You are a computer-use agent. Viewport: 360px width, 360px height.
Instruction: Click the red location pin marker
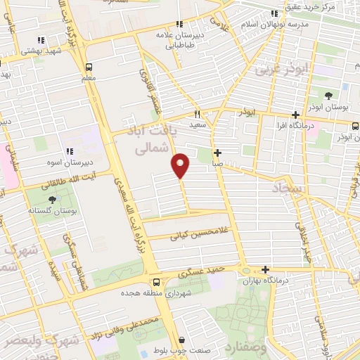(181, 165)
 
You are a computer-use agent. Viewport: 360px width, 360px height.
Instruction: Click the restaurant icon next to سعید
(198, 113)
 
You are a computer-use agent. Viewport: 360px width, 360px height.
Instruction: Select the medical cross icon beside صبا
(218, 153)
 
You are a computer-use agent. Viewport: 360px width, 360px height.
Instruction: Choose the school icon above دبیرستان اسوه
(70, 150)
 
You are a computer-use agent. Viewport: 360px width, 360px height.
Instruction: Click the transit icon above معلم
(89, 67)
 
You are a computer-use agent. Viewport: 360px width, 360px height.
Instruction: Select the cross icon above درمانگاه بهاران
(265, 269)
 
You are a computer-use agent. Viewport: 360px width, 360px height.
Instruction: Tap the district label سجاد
(288, 188)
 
